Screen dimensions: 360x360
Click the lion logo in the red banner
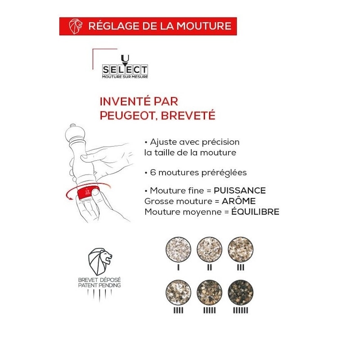point(76,26)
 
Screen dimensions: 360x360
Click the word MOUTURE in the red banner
point(204,26)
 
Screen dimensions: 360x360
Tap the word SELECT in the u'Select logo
point(125,70)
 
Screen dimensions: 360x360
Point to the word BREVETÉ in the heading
point(188,115)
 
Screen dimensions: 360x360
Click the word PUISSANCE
point(240,190)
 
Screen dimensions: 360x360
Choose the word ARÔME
point(238,201)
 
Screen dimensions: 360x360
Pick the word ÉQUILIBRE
point(255,211)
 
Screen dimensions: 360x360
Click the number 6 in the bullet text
point(153,172)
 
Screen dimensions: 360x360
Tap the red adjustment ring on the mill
point(88,193)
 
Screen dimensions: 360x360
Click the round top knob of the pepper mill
point(75,133)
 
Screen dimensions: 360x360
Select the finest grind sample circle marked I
point(178,249)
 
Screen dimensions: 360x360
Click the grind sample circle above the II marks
point(209,249)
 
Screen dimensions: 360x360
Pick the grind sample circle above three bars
point(240,249)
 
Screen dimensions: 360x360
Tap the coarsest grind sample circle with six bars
point(240,292)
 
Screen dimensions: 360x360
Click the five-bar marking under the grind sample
point(209,310)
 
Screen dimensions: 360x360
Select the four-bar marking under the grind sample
point(178,310)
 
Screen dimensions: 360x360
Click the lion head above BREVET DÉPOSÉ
point(100,261)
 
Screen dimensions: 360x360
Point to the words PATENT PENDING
point(99,285)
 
